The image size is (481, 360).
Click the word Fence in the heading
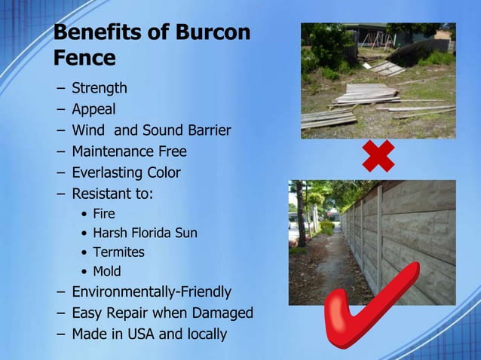pos(84,58)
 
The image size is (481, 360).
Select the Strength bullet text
pos(99,88)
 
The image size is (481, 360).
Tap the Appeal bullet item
pos(93,110)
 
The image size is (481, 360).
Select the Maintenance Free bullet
pos(128,151)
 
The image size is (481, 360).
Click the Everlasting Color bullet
pos(126,172)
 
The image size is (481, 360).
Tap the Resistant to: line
pos(112,194)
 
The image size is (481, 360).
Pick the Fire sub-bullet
pos(103,214)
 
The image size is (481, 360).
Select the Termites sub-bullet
pos(118,252)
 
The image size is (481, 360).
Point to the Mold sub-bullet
pos(106,271)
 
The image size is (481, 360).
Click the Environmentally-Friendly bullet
pos(151,291)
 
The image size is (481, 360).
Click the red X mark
pos(378,156)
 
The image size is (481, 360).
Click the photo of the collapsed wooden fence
pos(378,80)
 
